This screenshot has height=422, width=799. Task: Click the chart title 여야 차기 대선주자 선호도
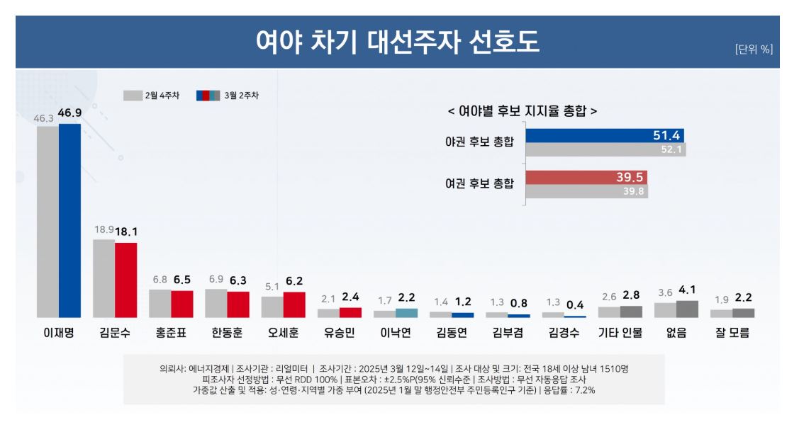(x=398, y=42)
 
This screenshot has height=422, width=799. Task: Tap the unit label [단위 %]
(x=754, y=49)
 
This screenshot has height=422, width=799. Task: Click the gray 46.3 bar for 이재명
(x=48, y=221)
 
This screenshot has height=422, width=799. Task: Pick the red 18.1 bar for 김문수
(x=125, y=280)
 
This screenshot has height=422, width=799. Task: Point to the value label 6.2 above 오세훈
(x=294, y=281)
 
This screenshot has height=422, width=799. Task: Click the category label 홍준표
(x=171, y=332)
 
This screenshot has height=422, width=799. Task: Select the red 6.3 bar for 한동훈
(x=238, y=304)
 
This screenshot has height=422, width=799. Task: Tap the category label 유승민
(x=339, y=332)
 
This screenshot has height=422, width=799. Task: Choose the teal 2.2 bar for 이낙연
(x=406, y=313)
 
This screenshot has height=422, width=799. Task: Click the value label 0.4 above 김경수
(x=575, y=304)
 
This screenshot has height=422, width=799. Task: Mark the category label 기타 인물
(x=620, y=332)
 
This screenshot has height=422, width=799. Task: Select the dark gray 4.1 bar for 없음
(x=687, y=309)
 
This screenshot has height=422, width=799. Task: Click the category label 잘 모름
(x=732, y=332)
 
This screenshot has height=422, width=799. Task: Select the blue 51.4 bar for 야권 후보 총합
(x=604, y=135)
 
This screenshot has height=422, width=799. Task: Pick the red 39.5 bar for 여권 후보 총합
(x=586, y=178)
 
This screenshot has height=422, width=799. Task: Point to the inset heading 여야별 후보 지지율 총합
(x=523, y=111)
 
